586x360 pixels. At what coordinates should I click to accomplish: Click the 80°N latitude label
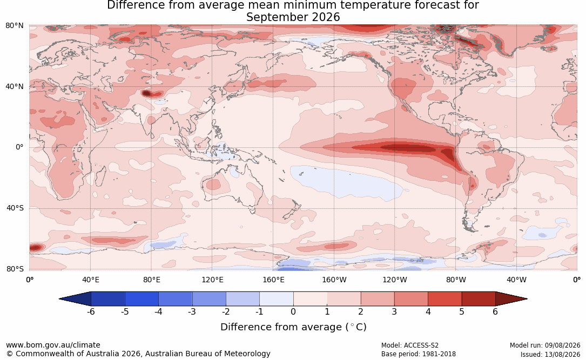(x=14, y=26)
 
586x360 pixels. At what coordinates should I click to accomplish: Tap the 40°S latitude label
(x=15, y=208)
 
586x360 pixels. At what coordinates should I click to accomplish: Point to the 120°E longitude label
(x=212, y=280)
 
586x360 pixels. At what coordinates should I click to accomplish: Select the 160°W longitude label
(x=334, y=280)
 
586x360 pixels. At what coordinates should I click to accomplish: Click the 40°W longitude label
(x=517, y=280)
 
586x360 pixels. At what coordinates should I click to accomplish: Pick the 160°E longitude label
(x=273, y=280)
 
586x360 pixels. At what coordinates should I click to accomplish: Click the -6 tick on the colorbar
(x=91, y=311)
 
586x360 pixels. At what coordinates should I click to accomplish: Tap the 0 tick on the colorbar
(x=293, y=311)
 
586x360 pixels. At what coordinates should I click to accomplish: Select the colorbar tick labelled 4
(x=428, y=311)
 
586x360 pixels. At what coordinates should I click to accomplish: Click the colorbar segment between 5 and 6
(x=479, y=299)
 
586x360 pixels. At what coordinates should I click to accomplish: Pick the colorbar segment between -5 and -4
(x=142, y=299)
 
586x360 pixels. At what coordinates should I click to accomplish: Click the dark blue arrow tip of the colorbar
(x=60, y=299)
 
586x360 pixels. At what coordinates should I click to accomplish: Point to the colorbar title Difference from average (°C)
(x=293, y=327)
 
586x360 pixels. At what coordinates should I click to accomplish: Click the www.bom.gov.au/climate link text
(x=53, y=345)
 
